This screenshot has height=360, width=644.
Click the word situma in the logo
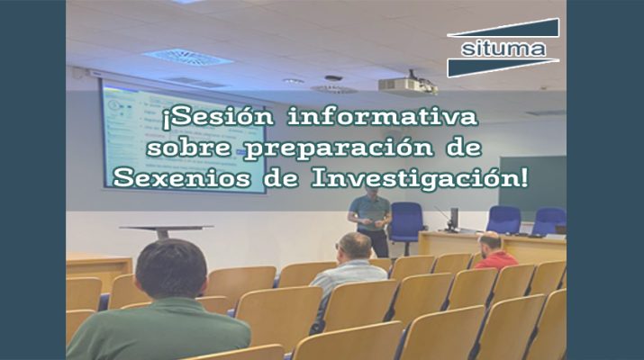click(503, 49)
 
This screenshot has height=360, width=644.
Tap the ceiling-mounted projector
click(407, 85)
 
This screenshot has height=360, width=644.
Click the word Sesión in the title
click(218, 117)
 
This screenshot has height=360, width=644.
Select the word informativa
click(383, 116)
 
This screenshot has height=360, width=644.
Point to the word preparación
click(338, 148)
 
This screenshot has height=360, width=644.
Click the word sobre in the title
click(188, 147)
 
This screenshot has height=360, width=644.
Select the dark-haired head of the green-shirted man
click(171, 269)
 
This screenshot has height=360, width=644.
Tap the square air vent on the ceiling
click(187, 57)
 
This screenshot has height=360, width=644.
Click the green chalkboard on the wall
click(532, 188)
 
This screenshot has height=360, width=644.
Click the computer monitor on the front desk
click(454, 219)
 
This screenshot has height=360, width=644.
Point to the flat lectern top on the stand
click(167, 228)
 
